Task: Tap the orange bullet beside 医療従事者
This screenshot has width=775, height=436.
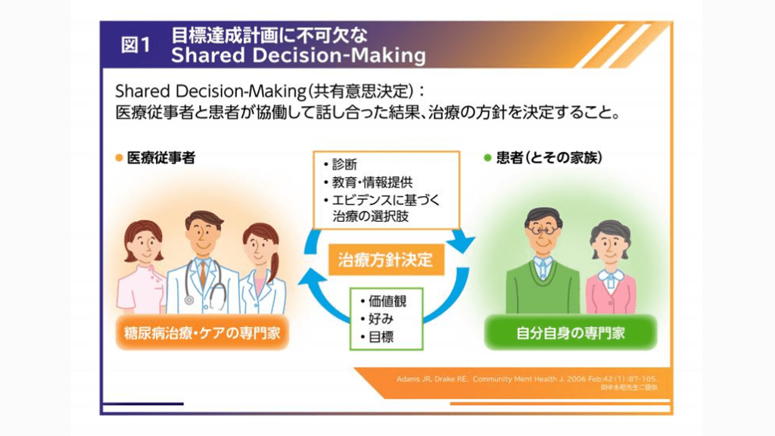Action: point(119,158)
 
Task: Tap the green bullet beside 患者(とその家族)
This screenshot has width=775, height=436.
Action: point(487,158)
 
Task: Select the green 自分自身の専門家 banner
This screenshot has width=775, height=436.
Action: point(569,333)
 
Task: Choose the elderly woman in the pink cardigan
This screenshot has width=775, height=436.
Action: point(610,269)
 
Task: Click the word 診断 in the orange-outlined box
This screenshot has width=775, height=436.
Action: point(345,164)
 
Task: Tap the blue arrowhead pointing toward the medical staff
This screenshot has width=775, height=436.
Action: point(307,279)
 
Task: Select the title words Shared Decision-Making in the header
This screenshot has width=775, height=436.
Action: point(298,56)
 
